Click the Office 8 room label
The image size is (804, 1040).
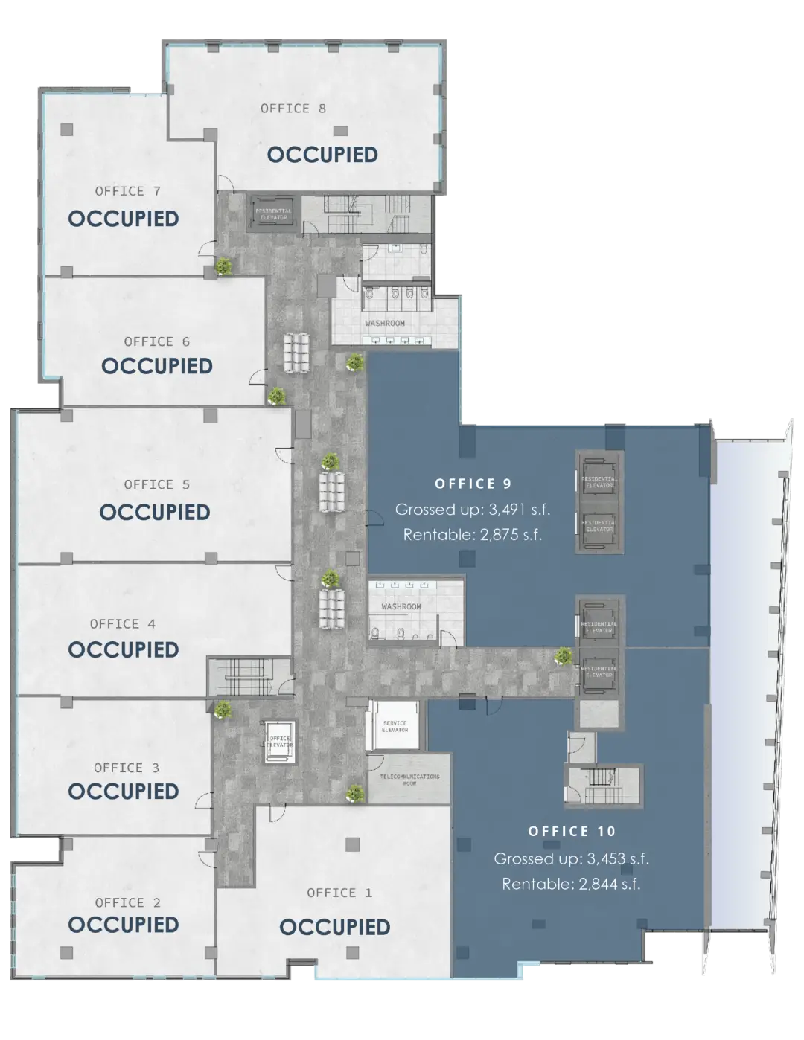point(293,109)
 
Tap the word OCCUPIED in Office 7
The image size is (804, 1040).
point(124,219)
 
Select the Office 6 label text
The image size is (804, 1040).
point(156,341)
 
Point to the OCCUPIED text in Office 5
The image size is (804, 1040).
point(155,513)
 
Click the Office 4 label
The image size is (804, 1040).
point(123,624)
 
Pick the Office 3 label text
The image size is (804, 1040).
point(127,768)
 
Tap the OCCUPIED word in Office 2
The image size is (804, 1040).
point(124,925)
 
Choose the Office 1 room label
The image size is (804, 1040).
point(339,893)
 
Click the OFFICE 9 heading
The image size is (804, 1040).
point(473,484)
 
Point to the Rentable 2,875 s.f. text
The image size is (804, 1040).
point(473,534)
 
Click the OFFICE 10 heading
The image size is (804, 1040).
point(572,831)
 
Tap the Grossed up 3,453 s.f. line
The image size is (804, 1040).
point(572,859)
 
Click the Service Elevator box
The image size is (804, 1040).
point(395,726)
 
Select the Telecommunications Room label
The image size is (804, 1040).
point(409,779)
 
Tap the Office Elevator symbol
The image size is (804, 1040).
point(279,742)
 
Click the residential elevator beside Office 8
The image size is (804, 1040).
point(274,213)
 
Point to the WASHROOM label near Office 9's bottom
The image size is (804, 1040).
point(401,607)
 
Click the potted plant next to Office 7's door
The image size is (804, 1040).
point(223,266)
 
